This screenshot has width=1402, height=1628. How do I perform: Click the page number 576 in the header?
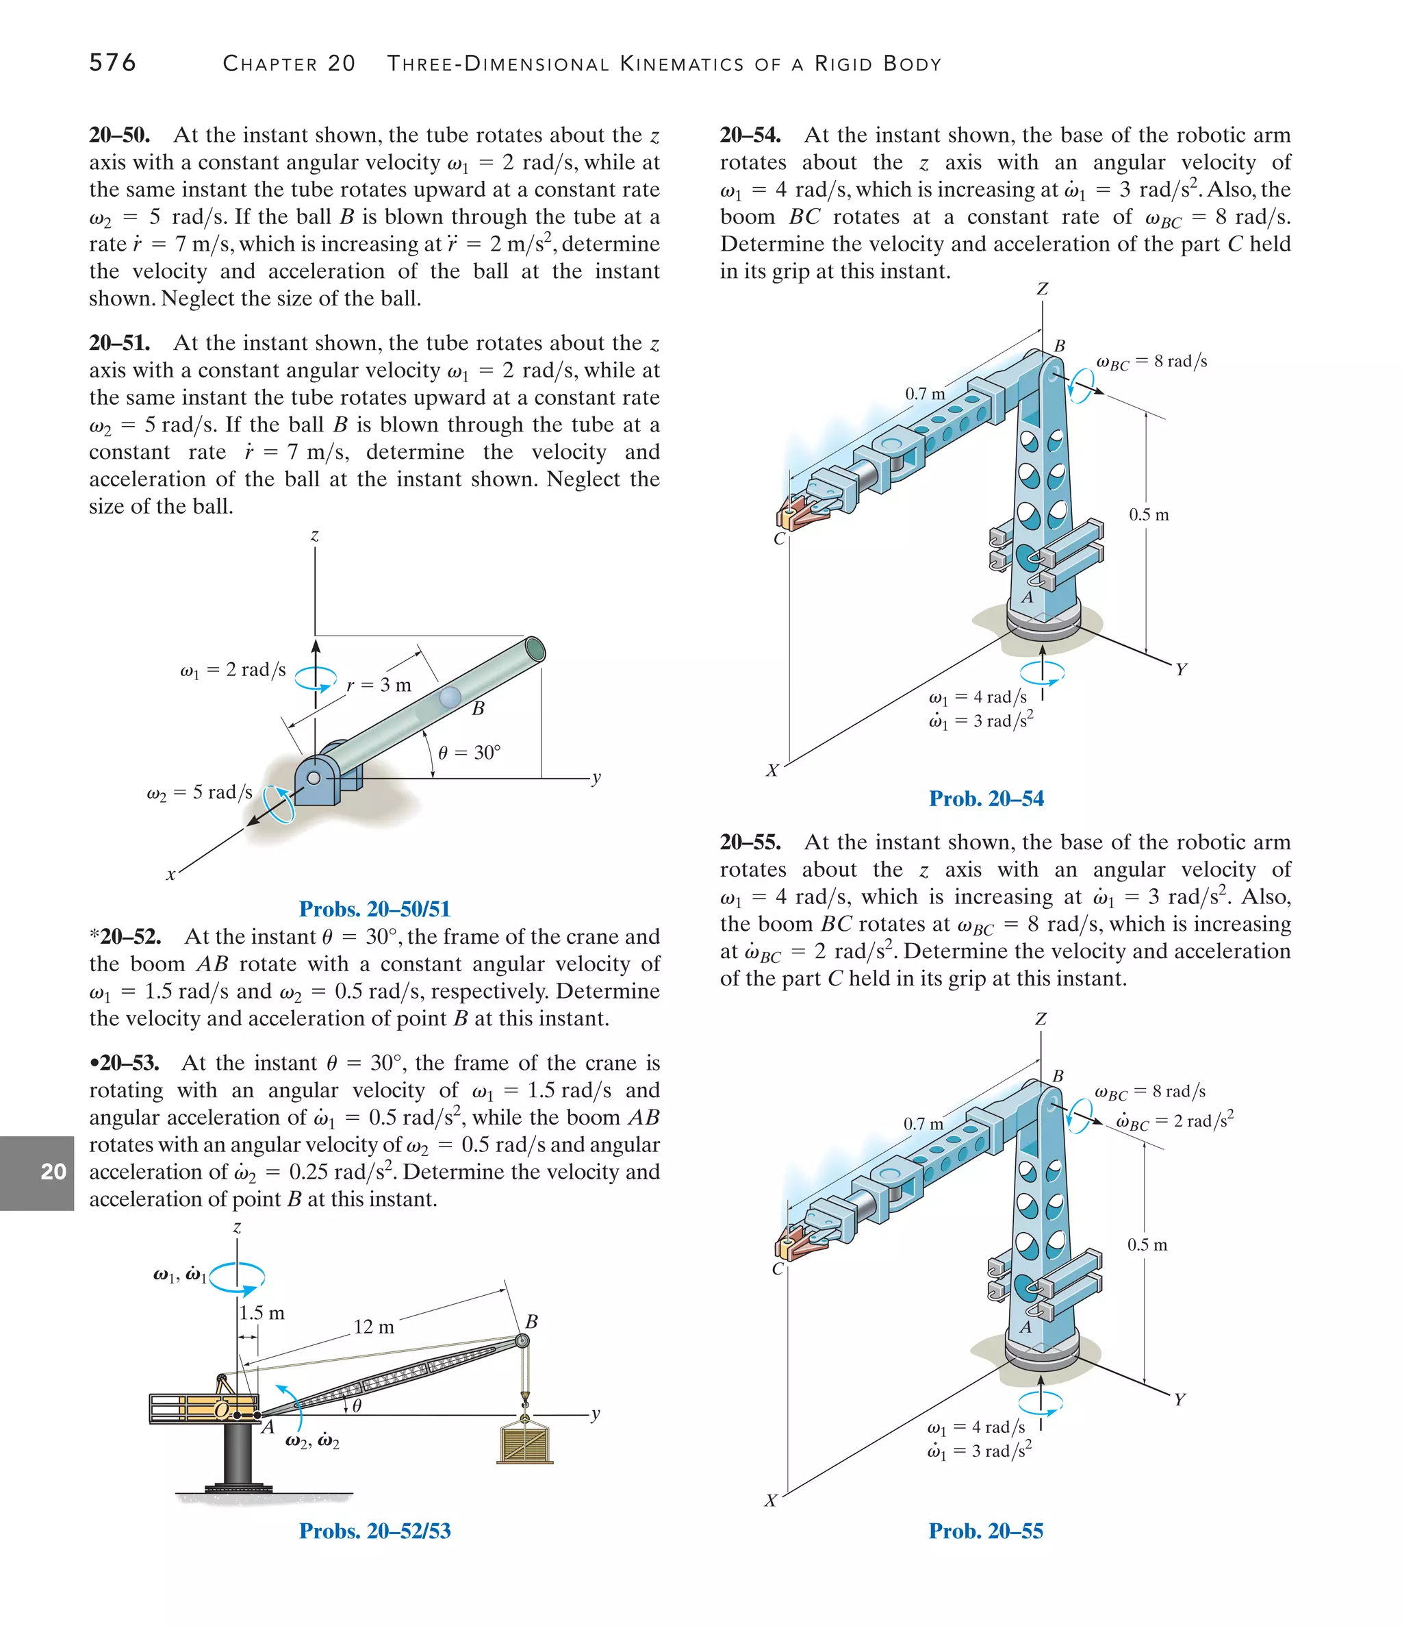(112, 62)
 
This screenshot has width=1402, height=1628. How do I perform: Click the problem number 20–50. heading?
(119, 135)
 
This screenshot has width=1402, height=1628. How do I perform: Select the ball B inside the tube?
(450, 696)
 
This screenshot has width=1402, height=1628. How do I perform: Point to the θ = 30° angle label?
(469, 753)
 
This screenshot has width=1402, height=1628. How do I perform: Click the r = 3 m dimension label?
(379, 685)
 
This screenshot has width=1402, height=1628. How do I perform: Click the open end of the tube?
(535, 650)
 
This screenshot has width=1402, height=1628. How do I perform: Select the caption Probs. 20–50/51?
(374, 909)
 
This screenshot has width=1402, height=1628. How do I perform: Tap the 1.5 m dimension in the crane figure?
(262, 1313)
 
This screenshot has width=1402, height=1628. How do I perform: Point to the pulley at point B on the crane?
(521, 1341)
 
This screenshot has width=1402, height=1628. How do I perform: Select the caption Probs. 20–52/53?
(374, 1531)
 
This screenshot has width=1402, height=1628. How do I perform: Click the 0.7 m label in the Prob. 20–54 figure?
(924, 394)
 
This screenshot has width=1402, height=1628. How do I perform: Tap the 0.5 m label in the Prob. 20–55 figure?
(1147, 1244)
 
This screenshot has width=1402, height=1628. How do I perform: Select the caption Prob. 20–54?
(986, 799)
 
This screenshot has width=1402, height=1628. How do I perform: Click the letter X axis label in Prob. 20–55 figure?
(771, 1501)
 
